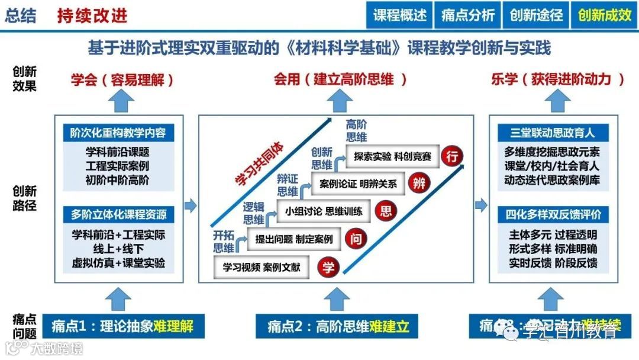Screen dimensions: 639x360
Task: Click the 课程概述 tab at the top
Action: point(400,15)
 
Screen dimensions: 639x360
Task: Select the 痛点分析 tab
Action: point(468,15)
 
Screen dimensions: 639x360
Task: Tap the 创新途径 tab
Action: point(536,15)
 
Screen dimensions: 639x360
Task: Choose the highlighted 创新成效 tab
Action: point(605,15)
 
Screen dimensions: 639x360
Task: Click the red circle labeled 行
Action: point(453,156)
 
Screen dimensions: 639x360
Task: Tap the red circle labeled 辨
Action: point(419,182)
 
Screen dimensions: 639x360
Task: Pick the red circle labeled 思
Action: point(385,210)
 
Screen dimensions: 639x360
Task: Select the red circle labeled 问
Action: point(357,239)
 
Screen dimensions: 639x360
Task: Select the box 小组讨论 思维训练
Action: point(324,211)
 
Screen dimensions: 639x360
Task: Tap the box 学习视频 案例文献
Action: point(262,267)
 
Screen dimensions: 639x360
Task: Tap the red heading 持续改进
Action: point(92,15)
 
